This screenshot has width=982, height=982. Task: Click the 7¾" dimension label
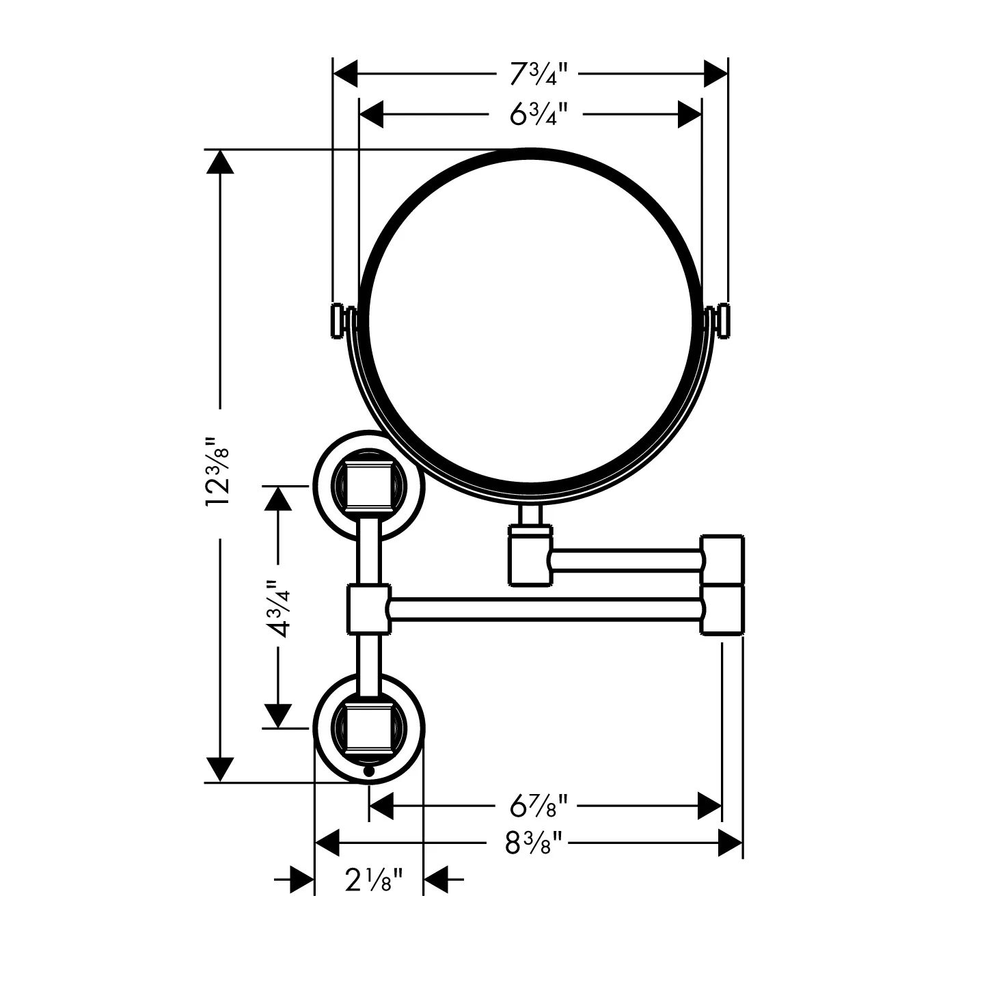[538, 74]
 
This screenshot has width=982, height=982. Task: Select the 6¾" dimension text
[538, 114]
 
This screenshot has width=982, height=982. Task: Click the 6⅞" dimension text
[538, 806]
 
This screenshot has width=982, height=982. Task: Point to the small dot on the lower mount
[368, 771]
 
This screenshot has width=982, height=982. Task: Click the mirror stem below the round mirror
[530, 515]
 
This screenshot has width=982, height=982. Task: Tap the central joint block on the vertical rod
[368, 610]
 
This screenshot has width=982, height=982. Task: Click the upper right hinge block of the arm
[722, 559]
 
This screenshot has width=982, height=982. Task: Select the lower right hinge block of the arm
[722, 610]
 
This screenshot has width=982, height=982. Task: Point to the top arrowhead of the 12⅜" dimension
[220, 162]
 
